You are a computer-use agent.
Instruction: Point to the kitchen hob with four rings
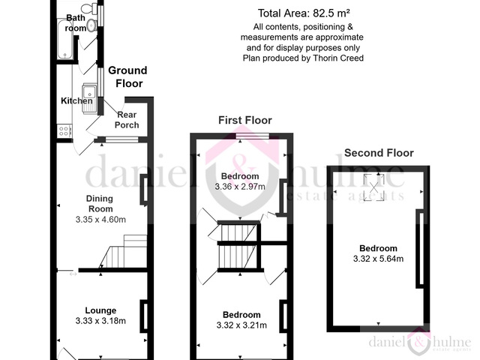(64, 130)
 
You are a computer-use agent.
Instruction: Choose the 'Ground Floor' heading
(128, 77)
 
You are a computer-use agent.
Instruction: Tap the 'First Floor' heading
(244, 120)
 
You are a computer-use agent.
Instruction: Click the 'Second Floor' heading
(379, 153)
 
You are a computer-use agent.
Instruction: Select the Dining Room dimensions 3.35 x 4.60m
(100, 220)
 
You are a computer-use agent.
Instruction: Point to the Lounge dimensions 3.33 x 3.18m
(101, 321)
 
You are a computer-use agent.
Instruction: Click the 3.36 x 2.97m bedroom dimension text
(240, 186)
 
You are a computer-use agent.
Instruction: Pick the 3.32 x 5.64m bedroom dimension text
(378, 259)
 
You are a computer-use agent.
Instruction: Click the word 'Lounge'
(100, 310)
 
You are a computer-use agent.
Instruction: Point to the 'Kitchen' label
(76, 101)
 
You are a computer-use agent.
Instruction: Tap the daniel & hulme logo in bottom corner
(418, 343)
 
